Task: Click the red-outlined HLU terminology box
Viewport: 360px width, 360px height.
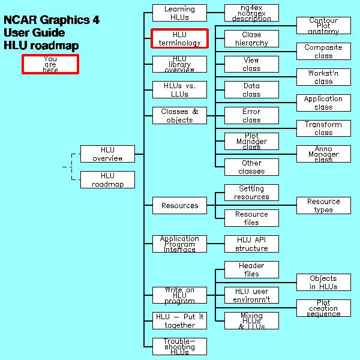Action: tap(179, 38)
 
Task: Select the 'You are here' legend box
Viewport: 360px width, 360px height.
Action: tap(50, 64)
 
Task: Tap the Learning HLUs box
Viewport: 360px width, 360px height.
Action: tap(179, 13)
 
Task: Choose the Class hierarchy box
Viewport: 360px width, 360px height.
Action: tap(251, 38)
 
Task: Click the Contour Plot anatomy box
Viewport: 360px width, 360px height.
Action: tap(323, 26)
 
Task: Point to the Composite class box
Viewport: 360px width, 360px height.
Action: tap(323, 52)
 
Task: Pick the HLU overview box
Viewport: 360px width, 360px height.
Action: tap(107, 154)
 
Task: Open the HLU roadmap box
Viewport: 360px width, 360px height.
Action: tap(107, 180)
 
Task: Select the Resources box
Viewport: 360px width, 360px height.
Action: tap(179, 205)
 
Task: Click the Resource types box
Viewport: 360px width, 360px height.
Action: tap(323, 205)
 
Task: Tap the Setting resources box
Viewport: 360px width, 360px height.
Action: tap(251, 193)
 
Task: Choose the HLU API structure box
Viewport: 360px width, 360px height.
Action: tap(251, 244)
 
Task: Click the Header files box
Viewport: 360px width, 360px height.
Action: tap(251, 269)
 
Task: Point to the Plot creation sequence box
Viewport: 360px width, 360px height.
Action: tap(323, 308)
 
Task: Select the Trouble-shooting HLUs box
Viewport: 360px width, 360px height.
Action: tap(179, 346)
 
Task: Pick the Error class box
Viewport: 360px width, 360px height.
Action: tap(251, 115)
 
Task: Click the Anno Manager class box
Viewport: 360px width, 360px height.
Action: tap(323, 154)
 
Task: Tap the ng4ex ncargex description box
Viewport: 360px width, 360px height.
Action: tap(251, 13)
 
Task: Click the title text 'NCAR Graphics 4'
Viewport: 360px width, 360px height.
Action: tap(52, 20)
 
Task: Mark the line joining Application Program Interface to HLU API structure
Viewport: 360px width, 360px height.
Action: tap(215, 244)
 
